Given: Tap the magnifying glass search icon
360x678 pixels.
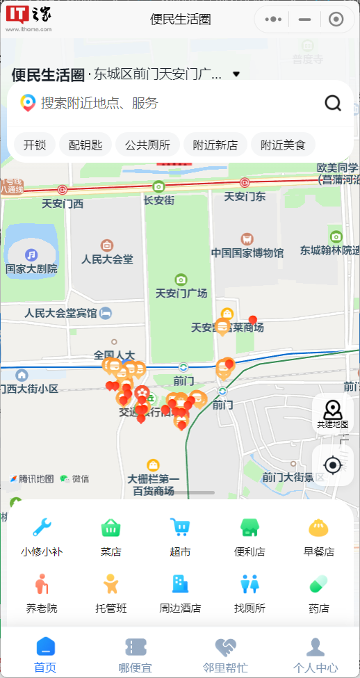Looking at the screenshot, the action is (x=333, y=104).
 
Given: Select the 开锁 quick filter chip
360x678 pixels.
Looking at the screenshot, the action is (x=35, y=145).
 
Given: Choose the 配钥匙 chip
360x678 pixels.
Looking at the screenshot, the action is (x=85, y=145).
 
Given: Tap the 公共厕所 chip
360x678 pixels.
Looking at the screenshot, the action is (x=147, y=145).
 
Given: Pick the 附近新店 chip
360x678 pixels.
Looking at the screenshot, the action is (x=215, y=145).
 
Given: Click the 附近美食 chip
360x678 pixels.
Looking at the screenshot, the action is (x=283, y=145).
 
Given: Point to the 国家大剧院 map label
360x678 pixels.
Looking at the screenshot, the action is (x=31, y=268).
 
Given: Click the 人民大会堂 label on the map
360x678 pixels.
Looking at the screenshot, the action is (x=107, y=259).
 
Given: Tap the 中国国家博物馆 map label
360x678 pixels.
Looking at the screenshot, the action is (x=247, y=252).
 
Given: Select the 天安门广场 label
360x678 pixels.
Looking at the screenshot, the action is (x=181, y=293).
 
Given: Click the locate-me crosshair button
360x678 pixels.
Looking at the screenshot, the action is (x=333, y=465).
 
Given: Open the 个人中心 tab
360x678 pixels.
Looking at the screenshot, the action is (x=316, y=656).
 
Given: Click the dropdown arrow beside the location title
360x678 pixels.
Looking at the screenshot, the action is (x=236, y=74).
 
